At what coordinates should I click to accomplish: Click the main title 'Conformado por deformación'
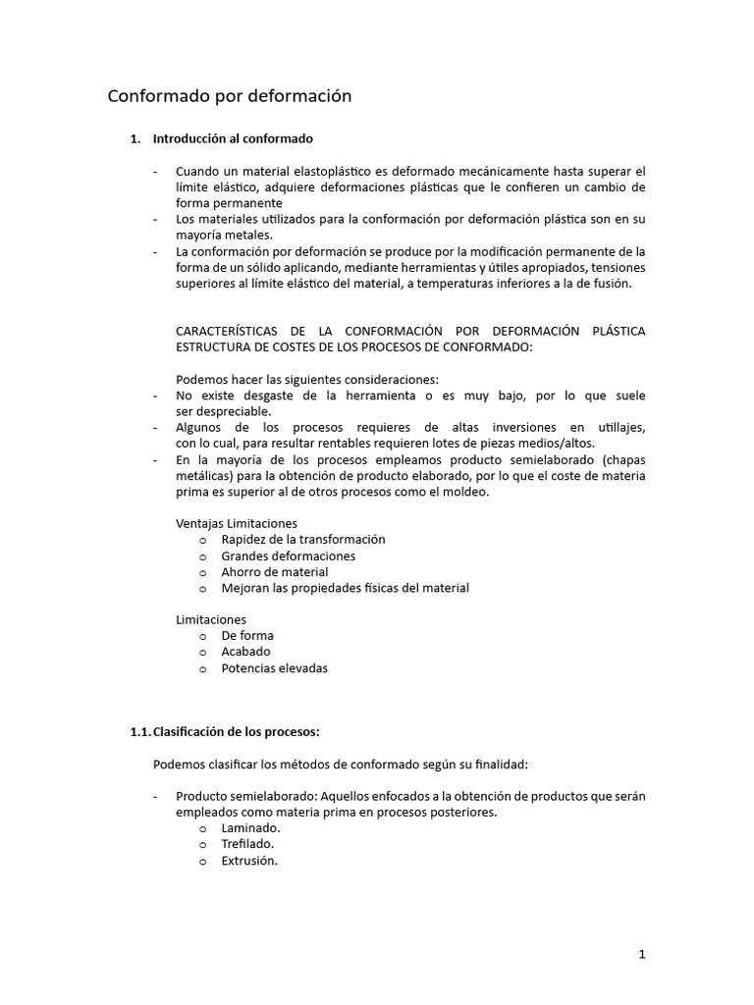tap(229, 96)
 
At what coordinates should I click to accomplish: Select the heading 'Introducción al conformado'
tap(233, 139)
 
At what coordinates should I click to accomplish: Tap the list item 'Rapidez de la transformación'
tap(303, 540)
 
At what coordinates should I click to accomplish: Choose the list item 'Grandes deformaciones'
tap(289, 555)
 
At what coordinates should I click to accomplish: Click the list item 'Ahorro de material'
tap(275, 571)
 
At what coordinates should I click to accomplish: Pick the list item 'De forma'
tap(247, 635)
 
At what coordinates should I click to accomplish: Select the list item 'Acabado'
tap(246, 652)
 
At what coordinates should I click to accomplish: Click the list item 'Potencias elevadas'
tap(275, 667)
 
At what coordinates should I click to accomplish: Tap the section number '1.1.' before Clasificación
tap(141, 731)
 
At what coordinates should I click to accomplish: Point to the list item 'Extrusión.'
tap(250, 861)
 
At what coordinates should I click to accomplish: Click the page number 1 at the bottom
tap(641, 953)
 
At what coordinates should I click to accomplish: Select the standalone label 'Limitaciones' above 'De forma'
tap(211, 619)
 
